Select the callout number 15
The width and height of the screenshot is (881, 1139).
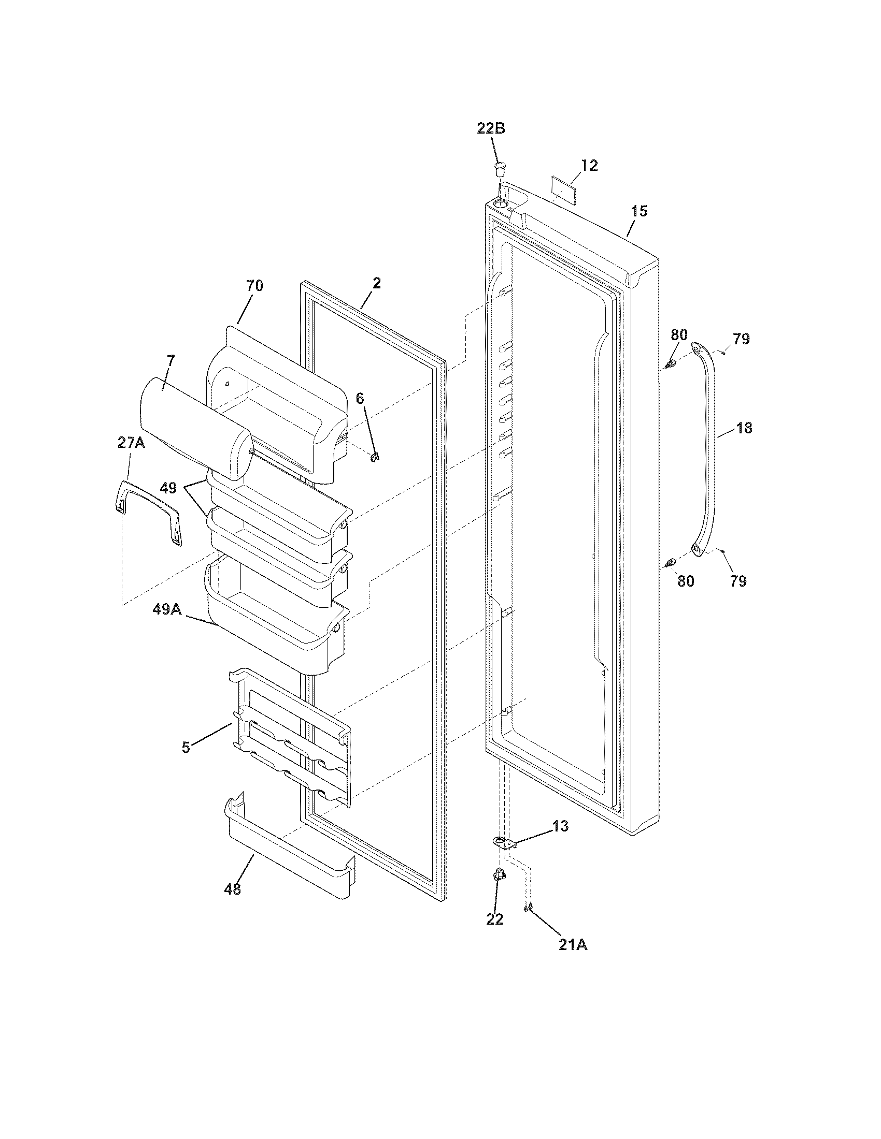click(639, 211)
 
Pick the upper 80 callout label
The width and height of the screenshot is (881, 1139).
click(678, 335)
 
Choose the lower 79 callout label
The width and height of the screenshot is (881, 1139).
click(738, 581)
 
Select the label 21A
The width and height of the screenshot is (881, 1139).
click(573, 945)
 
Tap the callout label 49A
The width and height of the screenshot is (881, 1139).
click(167, 609)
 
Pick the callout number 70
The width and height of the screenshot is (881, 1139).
click(254, 285)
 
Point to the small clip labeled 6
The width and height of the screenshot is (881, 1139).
click(374, 457)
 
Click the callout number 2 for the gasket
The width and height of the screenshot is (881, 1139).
click(376, 283)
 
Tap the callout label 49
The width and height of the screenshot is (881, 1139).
click(168, 488)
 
